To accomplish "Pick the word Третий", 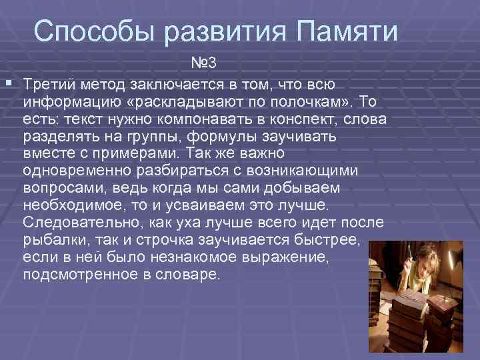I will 49,85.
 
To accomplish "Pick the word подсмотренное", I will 72,273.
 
